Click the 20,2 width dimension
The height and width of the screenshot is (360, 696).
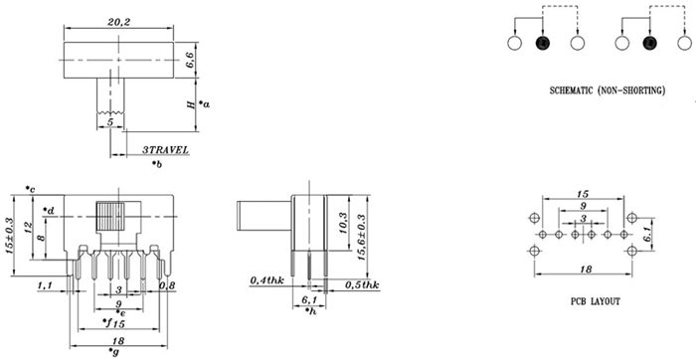click(x=118, y=21)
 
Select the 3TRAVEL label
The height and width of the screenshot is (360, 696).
click(x=165, y=150)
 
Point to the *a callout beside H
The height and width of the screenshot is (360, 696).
click(x=204, y=104)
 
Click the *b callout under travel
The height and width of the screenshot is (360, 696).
click(x=157, y=164)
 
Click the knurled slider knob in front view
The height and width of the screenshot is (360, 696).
click(x=110, y=217)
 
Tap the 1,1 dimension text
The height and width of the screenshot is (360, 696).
click(x=45, y=286)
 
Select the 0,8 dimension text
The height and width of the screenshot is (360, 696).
click(x=166, y=285)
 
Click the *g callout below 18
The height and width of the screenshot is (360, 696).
click(x=113, y=352)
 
